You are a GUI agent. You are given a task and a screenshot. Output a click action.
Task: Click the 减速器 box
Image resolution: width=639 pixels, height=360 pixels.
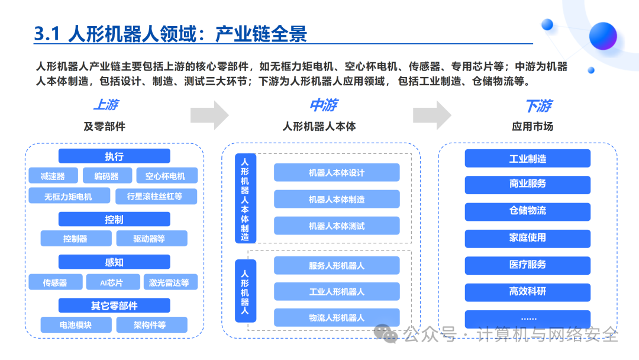pos(53,176)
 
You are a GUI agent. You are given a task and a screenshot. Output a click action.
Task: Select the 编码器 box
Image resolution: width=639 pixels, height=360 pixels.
pos(107,176)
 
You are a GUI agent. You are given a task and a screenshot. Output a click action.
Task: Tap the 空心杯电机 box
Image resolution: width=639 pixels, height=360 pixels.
pos(167,176)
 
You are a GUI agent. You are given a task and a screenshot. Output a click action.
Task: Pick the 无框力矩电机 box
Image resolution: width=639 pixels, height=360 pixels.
pos(69,196)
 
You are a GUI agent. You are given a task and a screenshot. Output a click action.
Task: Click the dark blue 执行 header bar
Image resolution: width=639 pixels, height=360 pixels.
pos(114,156)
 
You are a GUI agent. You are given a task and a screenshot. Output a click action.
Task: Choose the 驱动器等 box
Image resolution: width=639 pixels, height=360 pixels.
pos(151,239)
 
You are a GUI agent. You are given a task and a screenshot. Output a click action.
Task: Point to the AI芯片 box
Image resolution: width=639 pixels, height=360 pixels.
pos(113,282)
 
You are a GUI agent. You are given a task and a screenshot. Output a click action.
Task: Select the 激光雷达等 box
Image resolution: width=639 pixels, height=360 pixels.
pos(170,282)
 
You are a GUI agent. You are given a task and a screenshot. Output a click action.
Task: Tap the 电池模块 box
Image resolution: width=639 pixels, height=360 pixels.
pos(76,325)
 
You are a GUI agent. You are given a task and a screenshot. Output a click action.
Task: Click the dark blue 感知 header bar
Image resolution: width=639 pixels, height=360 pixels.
pos(114,262)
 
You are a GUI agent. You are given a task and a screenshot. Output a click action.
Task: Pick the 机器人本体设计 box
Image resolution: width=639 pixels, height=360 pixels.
pos(337,172)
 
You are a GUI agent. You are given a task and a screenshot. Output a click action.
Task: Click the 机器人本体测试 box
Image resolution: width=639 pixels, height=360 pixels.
pos(337,226)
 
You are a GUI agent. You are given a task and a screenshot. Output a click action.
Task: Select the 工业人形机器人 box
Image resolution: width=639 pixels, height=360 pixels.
pos(337,291)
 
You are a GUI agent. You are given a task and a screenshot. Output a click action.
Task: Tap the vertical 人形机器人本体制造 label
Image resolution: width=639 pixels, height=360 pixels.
pos(246,198)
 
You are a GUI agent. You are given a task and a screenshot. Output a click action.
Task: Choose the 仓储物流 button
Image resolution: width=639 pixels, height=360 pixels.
pos(527,211)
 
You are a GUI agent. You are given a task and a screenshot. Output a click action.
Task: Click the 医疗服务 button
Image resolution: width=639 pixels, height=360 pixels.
pos(527,265)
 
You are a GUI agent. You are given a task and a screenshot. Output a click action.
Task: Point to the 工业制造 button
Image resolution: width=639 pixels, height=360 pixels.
pos(527,158)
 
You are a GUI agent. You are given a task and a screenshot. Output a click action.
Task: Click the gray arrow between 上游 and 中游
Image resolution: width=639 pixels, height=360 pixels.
pos(209,115)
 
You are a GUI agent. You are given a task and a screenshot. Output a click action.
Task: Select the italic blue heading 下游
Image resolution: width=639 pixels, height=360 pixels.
pos(538,106)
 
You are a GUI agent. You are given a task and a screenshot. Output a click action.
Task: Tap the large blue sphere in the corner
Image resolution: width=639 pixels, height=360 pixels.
pos(603,36)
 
